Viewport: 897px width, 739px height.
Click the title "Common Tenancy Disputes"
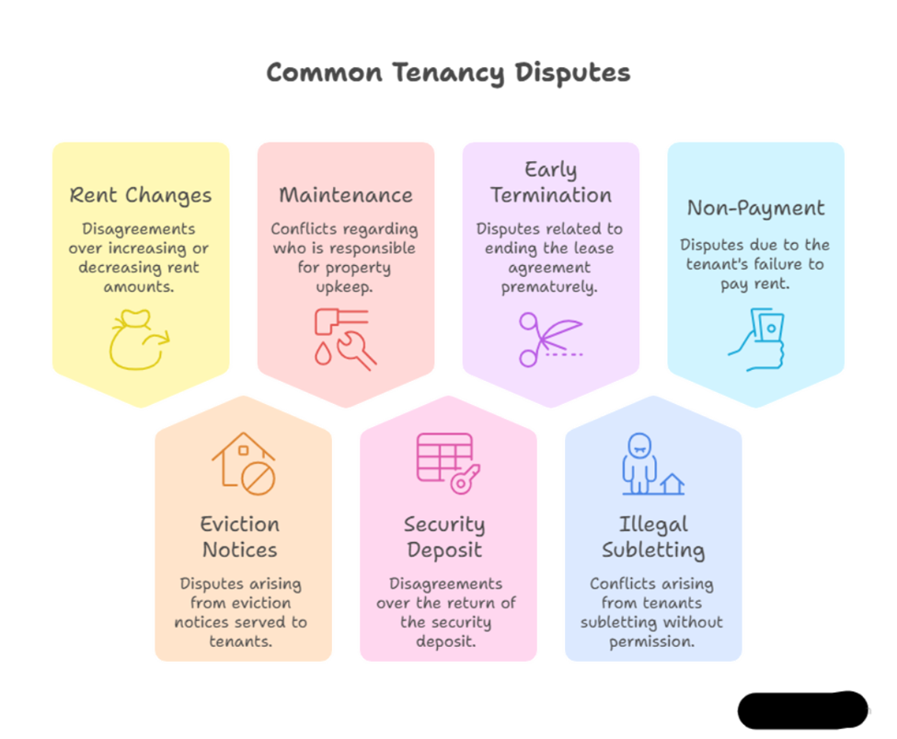448,73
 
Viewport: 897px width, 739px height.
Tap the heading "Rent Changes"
141,195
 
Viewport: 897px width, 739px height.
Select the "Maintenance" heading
346,195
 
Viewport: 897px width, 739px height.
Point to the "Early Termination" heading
550,182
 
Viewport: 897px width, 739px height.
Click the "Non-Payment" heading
755,208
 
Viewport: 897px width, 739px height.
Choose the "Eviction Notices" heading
239,537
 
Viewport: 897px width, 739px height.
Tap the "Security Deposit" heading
444,537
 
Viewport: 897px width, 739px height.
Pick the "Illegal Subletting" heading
652,537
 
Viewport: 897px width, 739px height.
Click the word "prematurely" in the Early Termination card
549,286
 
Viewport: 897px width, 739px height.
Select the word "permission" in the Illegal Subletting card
650,641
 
